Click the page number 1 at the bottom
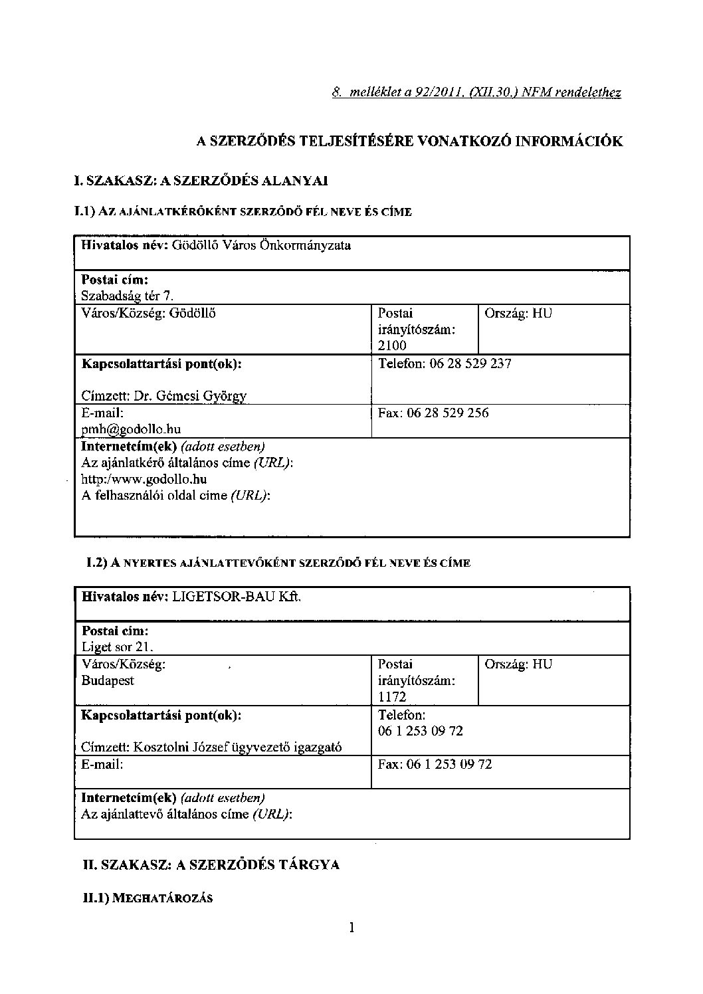[351, 927]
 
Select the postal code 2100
[392, 346]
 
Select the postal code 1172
[392, 697]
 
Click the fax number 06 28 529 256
[455, 413]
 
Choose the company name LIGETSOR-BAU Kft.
[237, 597]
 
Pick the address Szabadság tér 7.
[127, 296]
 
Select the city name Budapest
[108, 680]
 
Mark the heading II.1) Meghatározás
[147, 898]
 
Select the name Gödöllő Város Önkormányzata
[261, 245]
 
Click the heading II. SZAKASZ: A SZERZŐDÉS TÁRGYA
[211, 864]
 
